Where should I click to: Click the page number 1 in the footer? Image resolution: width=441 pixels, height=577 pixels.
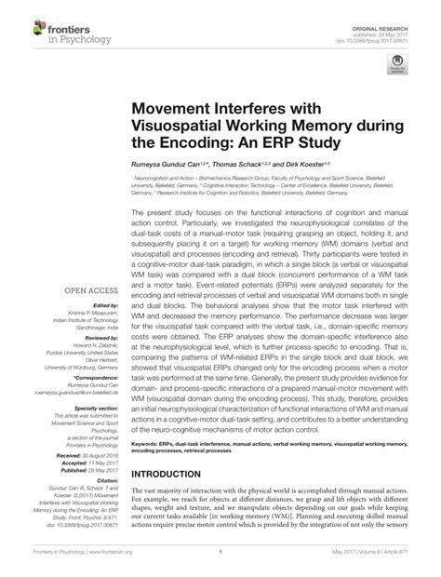(220, 565)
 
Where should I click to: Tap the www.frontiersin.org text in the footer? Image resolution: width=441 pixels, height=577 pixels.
(110, 565)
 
